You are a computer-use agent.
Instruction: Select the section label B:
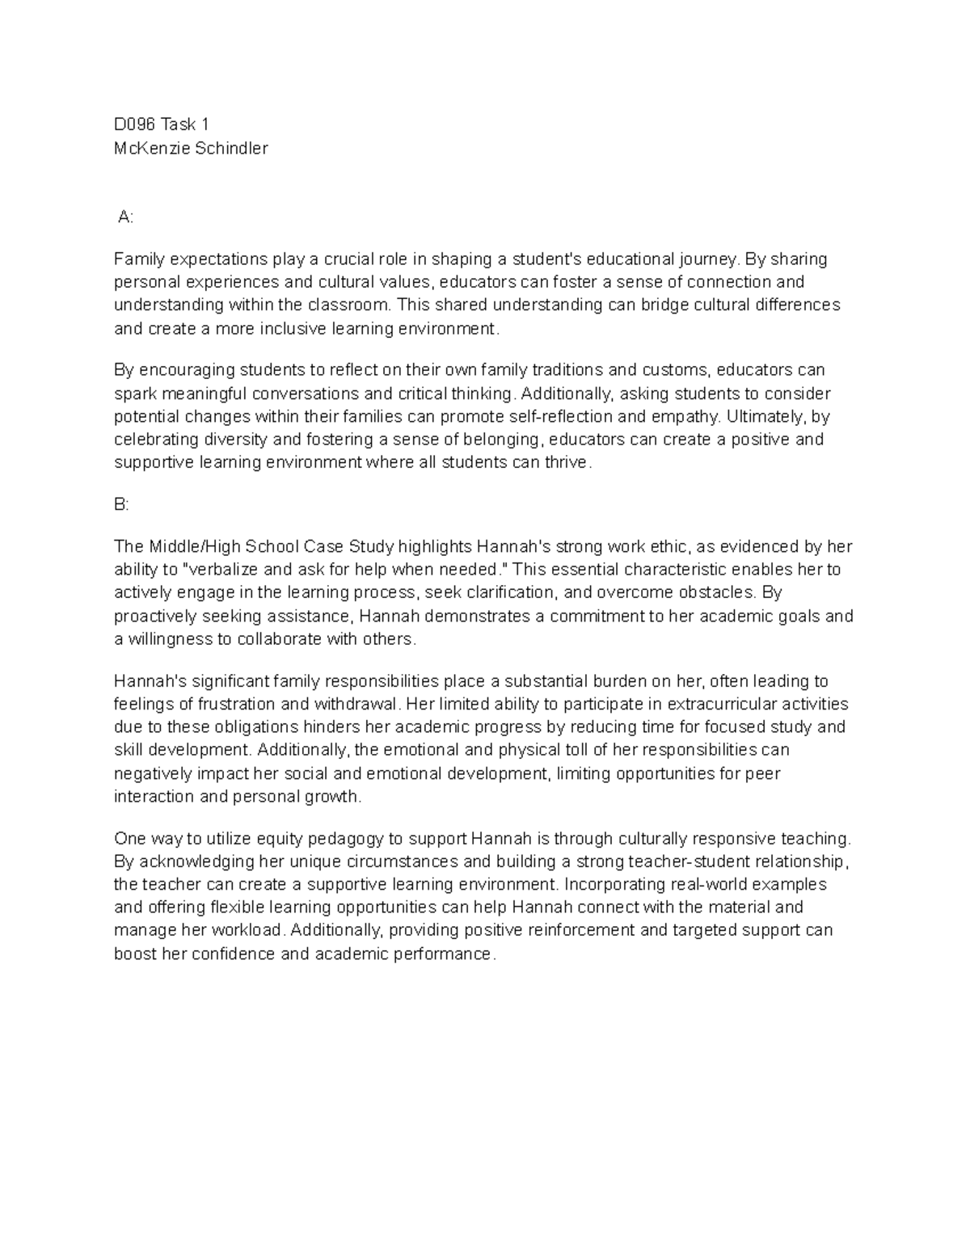[x=122, y=504]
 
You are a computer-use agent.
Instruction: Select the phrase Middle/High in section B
[x=183, y=546]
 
